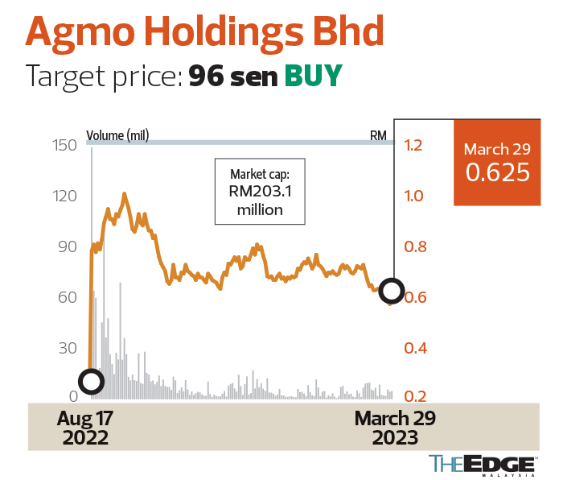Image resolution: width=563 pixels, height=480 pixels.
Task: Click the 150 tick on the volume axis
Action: pos(64,145)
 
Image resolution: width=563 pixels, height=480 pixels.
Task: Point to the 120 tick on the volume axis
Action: pos(64,196)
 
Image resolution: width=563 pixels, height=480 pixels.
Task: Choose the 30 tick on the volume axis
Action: pos(66,348)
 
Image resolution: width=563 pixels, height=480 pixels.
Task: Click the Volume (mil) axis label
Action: pos(117,134)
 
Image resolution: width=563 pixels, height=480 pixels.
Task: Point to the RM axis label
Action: pos(378,134)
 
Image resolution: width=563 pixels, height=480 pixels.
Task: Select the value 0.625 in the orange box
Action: pos(497,172)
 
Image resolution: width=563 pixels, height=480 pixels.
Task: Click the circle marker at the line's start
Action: pos(91,381)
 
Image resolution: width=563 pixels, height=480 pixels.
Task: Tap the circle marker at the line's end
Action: pos(392,291)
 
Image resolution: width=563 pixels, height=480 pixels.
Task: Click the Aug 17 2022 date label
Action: pos(84,428)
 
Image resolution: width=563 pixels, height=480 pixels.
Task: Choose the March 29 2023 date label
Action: pos(395,428)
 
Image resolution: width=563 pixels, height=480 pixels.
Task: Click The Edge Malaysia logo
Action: pos(482,465)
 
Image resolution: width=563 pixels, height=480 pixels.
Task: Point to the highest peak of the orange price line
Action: pos(124,193)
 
